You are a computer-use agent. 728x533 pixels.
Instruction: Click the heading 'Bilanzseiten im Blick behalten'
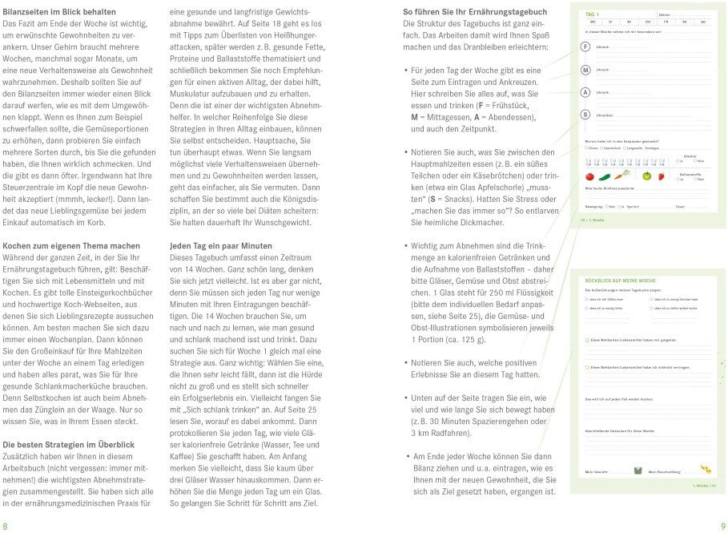click(x=59, y=12)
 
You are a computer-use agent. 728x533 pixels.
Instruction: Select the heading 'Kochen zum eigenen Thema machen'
click(x=66, y=245)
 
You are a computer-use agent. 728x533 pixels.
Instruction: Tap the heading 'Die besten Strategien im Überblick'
click(x=69, y=443)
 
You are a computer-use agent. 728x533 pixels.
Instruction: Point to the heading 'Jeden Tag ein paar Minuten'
click(x=221, y=245)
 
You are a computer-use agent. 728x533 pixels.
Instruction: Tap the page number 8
click(x=6, y=525)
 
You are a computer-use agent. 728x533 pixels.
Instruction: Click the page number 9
click(x=722, y=525)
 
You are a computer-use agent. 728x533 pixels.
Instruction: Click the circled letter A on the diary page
click(x=586, y=93)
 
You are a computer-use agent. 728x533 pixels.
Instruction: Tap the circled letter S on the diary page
click(x=586, y=115)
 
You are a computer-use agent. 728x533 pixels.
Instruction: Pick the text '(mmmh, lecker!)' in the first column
click(x=93, y=199)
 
